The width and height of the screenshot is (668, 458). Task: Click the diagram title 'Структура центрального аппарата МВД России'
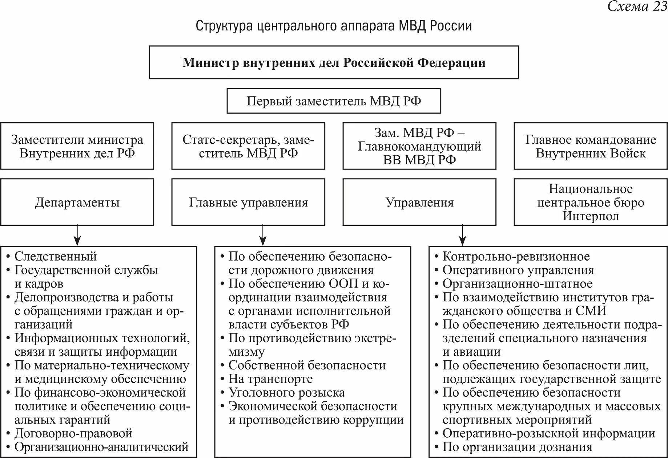[x=334, y=26]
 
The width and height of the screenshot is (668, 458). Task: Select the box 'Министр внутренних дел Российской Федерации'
[x=334, y=62]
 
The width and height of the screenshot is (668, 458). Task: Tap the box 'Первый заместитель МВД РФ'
[x=334, y=101]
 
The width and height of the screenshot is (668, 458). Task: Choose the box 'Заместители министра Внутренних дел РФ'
[x=77, y=146]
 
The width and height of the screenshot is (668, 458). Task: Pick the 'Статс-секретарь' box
[x=248, y=146]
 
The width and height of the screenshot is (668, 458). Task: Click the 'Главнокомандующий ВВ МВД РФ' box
[x=419, y=146]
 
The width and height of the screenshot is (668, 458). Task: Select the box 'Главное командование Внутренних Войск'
[x=591, y=146]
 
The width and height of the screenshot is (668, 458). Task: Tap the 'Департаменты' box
[x=77, y=202]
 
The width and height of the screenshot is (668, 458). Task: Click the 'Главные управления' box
[x=248, y=202]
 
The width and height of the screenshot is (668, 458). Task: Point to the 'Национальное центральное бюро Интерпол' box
[x=591, y=202]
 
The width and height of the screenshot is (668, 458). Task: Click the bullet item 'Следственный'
[x=55, y=256]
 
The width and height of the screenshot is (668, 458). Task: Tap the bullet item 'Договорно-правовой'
[x=73, y=433]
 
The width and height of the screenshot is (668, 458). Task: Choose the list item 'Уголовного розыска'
[x=286, y=392]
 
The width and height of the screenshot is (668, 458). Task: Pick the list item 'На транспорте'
[x=270, y=379]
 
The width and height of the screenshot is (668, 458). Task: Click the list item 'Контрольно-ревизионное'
[x=516, y=257]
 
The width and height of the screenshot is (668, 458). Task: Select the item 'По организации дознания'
[x=517, y=447]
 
